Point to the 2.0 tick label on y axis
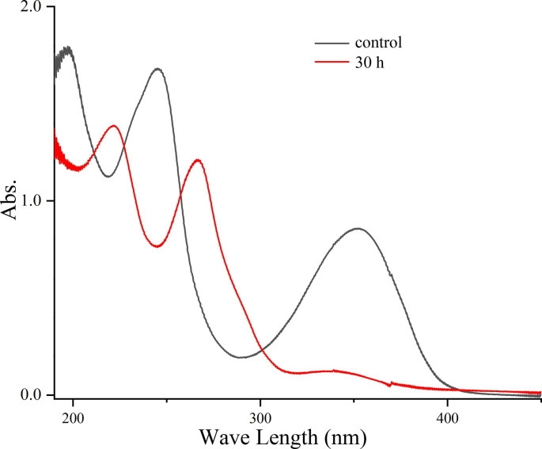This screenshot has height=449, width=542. point(32,7)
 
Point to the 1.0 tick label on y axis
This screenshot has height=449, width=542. point(32,201)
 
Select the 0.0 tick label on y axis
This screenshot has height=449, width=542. point(32,394)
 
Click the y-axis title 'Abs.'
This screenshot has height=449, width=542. point(13,202)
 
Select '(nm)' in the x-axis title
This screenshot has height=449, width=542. point(343,435)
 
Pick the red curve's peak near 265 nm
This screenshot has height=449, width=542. point(198,161)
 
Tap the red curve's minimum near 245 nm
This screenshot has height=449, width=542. point(158,246)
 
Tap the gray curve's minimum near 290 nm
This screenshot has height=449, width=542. point(241,357)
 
